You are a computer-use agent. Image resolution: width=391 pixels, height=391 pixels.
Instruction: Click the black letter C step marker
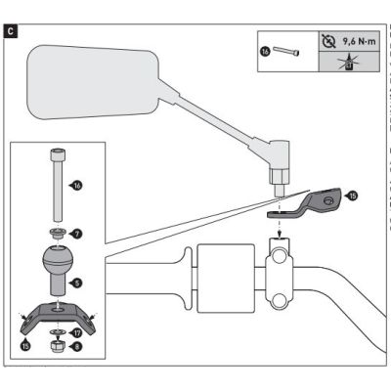coord(11,31)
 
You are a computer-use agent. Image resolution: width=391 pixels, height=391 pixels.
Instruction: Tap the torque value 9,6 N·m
coord(359,41)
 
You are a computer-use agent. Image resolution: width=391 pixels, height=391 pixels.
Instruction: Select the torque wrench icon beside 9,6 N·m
coord(328,41)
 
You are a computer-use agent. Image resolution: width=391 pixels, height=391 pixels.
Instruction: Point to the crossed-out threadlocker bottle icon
coord(349,62)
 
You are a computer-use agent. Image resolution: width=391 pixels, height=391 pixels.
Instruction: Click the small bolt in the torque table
coord(286,51)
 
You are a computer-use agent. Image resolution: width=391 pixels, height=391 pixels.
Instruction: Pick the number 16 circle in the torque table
coord(266,51)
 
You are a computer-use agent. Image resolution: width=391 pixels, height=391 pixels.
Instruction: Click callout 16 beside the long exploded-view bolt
coord(77,186)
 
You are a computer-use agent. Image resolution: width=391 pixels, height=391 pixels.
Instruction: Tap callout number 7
coord(78,234)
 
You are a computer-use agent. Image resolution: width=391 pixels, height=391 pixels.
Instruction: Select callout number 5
coord(77,283)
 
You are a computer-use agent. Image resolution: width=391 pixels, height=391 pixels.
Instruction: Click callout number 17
coord(77,333)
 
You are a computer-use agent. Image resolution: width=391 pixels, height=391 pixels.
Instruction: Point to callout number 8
coord(77,347)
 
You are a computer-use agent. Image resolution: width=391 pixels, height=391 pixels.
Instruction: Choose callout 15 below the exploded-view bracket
coord(25,345)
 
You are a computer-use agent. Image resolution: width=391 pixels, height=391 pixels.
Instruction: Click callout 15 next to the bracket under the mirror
coord(352,195)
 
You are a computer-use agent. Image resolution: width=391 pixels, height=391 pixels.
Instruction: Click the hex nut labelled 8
coord(58,347)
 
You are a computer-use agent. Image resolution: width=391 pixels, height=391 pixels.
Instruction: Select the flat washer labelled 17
coord(58,332)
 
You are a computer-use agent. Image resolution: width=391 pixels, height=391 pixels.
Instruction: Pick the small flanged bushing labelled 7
coord(58,234)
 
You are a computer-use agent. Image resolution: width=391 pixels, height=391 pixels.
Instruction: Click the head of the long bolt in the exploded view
coord(58,154)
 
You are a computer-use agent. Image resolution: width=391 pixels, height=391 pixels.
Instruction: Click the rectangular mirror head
coord(93,81)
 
